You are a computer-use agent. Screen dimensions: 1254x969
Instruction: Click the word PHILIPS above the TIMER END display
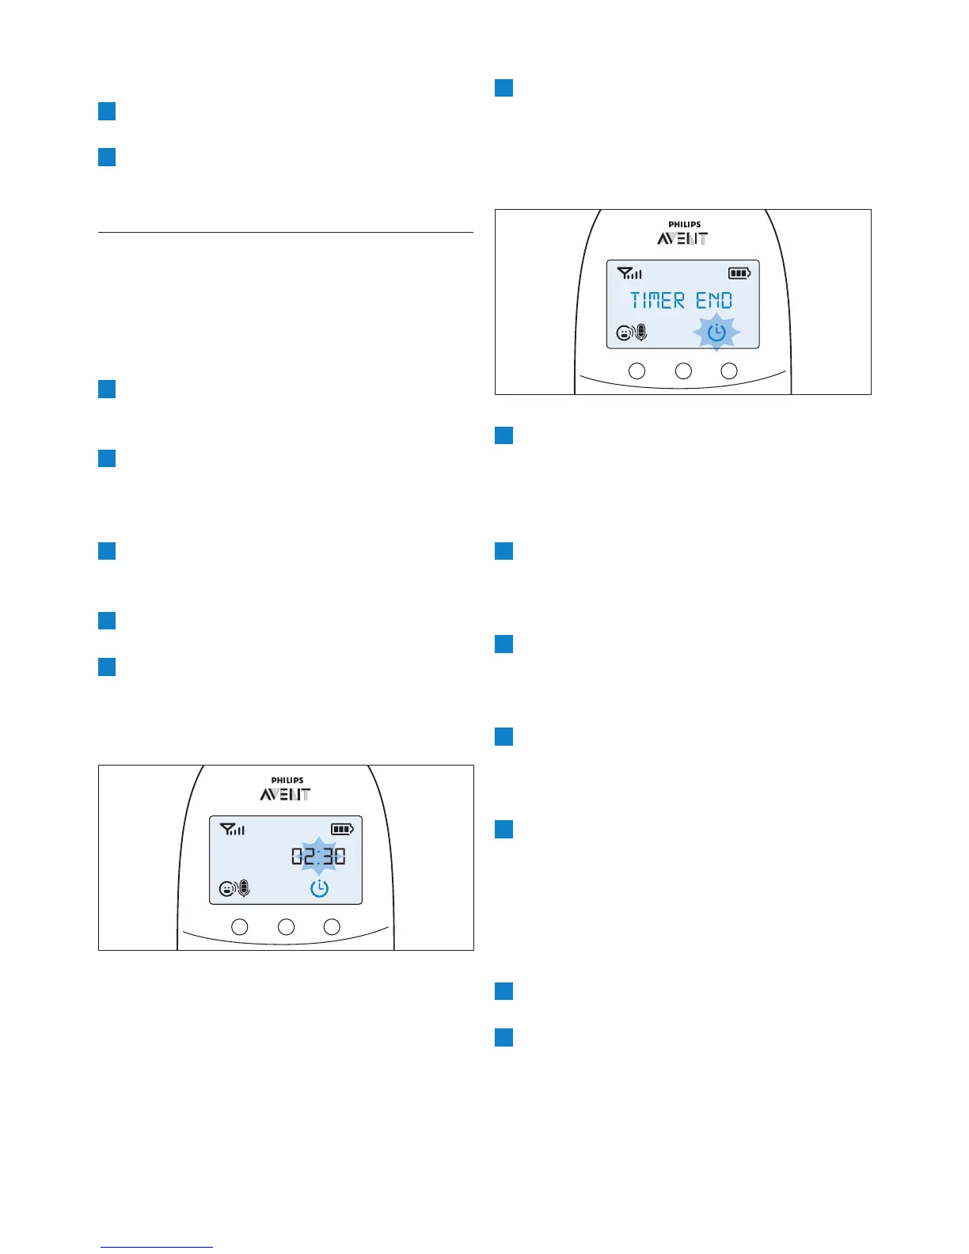pos(684,225)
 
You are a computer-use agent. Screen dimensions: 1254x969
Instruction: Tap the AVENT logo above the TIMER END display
pos(682,238)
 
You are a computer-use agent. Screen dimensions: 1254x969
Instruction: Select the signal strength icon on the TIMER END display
pos(630,274)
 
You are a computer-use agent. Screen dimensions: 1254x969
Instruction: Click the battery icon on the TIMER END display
pos(739,273)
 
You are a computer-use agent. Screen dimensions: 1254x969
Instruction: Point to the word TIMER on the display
pos(657,301)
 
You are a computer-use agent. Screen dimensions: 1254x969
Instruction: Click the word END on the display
pos(714,301)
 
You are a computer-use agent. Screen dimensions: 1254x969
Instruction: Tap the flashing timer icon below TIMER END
pos(716,332)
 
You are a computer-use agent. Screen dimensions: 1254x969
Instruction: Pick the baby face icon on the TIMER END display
pos(624,334)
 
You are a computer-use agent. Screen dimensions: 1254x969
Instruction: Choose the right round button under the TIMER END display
pos(729,370)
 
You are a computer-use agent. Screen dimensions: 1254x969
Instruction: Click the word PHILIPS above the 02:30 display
pos(287,781)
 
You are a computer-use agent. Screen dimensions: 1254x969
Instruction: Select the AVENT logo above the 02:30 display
pos(285,794)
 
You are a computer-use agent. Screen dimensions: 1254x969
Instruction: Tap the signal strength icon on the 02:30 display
pos(233,830)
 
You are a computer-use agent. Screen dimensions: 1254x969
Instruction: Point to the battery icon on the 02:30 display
pos(342,829)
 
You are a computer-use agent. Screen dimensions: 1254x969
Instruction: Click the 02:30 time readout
pos(318,857)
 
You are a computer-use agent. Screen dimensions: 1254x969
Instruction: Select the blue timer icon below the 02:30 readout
pos(319,888)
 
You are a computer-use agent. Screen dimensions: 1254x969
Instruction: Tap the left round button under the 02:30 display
pos(240,926)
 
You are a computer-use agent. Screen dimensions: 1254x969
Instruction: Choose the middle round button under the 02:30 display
pos(286,926)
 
